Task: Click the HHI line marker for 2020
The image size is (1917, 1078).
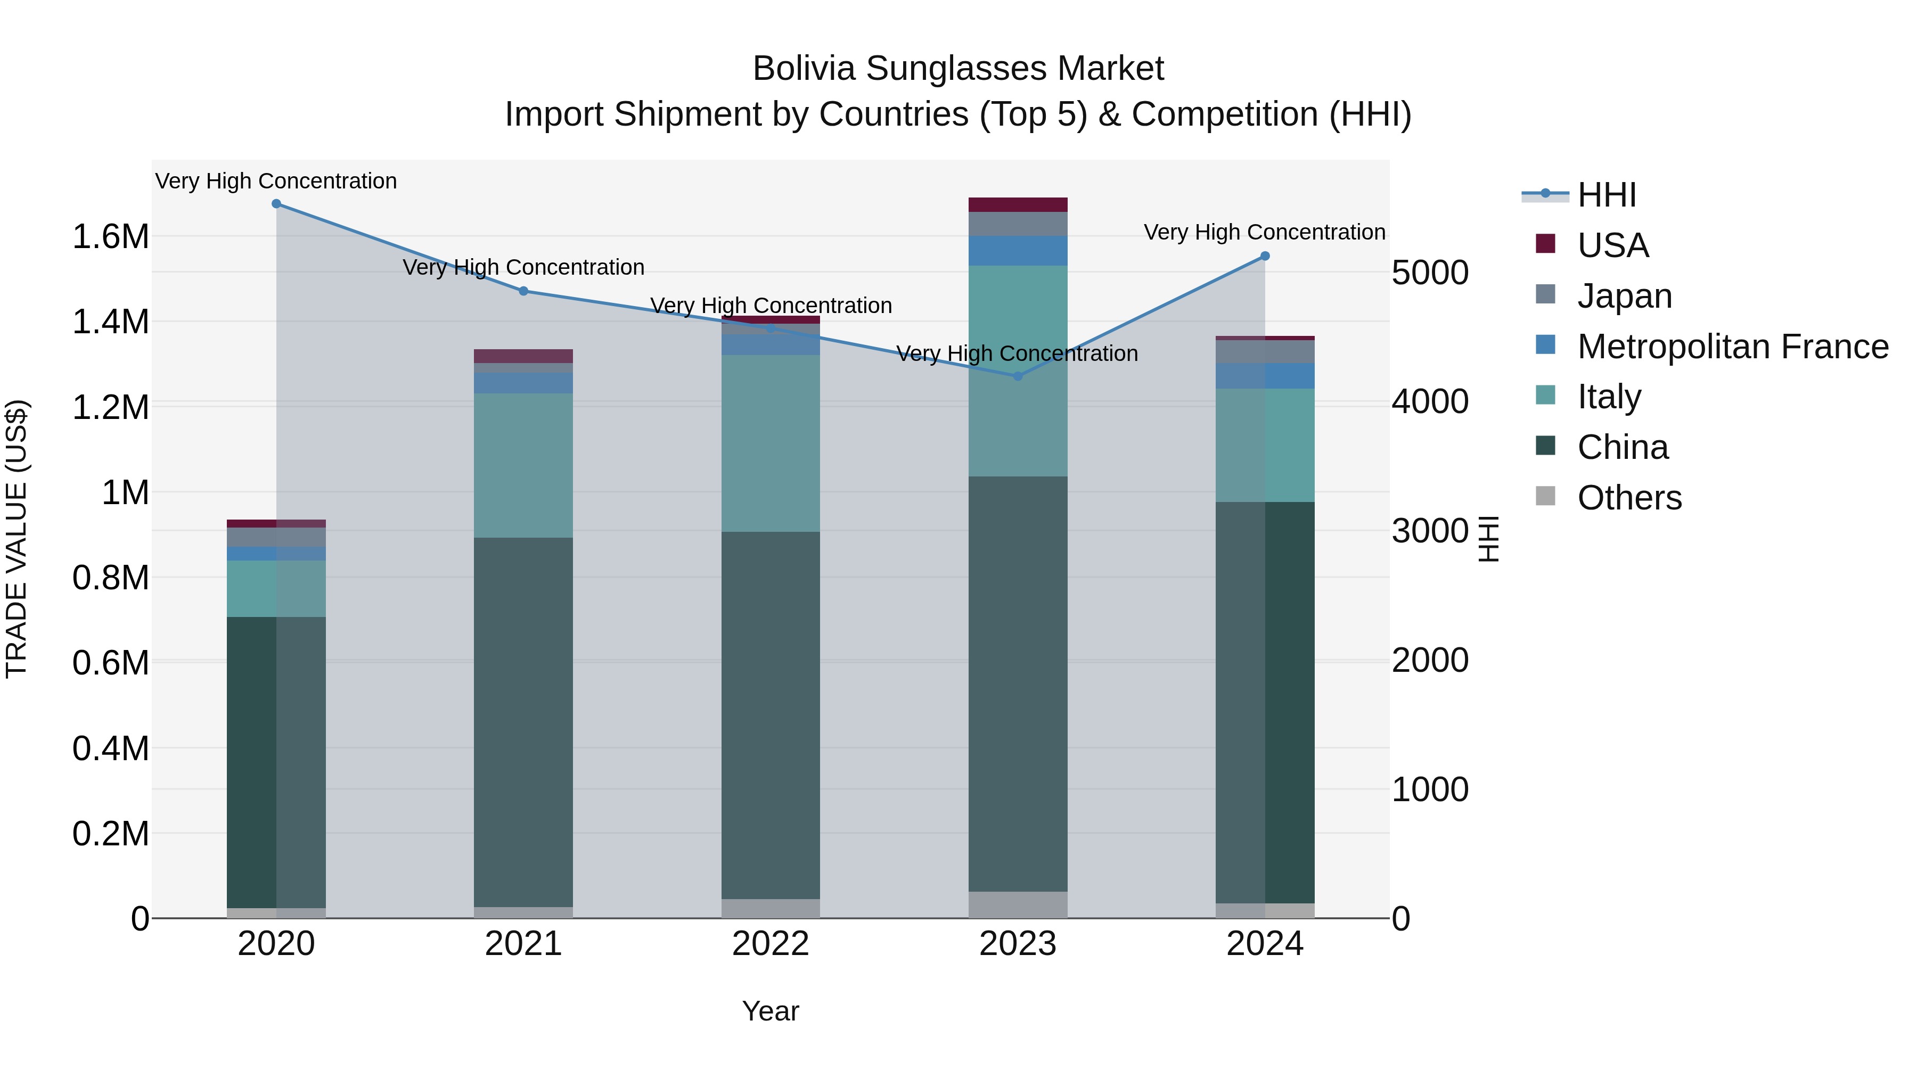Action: coord(276,204)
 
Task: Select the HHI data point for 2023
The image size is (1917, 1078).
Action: coord(1018,376)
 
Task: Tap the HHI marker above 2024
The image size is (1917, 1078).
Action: coord(1265,256)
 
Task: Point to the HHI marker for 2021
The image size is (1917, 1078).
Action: coord(523,291)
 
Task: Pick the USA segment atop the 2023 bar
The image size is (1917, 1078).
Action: coord(1018,204)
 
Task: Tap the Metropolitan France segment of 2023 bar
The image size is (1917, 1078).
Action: coord(1018,251)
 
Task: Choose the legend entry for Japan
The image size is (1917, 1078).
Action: coord(1625,296)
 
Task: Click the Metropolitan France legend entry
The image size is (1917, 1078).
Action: coord(1732,347)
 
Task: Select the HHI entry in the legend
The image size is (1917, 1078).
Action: coord(1606,195)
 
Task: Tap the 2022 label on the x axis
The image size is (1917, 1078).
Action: coord(771,944)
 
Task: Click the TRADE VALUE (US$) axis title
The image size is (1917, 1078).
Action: coord(17,539)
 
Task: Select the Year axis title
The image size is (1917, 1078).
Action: coord(771,1011)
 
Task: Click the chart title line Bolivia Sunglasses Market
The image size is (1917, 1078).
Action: coord(958,69)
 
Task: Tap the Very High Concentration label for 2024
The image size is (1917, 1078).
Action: coord(1264,232)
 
